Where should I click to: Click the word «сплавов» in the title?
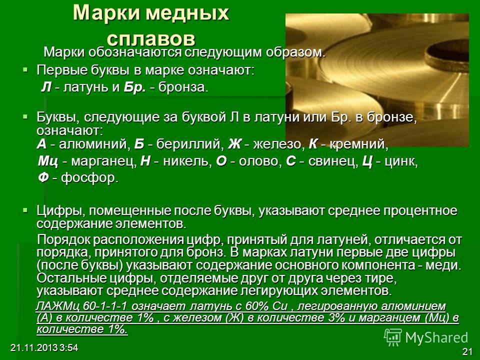[151, 39]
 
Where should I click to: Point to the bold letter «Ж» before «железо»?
[234, 144]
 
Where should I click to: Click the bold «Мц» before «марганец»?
[48, 161]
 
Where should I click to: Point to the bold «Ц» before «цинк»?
[367, 161]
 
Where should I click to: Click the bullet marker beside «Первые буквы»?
[25, 70]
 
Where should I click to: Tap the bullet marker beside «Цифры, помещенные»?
[25, 210]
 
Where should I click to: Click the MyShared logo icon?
[393, 337]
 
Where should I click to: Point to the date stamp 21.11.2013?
[34, 348]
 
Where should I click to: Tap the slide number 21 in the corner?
[467, 351]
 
